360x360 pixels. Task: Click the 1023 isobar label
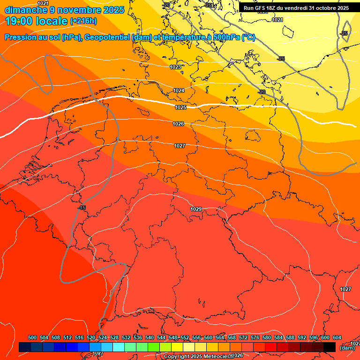(x=175, y=67)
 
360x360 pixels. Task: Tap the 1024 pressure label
(x=179, y=90)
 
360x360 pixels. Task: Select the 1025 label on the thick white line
(x=180, y=107)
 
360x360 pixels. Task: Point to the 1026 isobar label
(x=178, y=124)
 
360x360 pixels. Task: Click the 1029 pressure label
(x=196, y=209)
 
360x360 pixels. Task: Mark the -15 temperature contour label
(x=82, y=208)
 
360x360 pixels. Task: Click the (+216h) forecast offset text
(x=83, y=21)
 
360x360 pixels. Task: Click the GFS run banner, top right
(x=296, y=8)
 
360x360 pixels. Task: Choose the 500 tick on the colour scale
(x=32, y=338)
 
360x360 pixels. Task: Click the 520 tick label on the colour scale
(x=91, y=338)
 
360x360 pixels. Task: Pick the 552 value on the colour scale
(x=185, y=338)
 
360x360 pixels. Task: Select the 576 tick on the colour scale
(x=255, y=338)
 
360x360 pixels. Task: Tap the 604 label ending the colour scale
(x=337, y=338)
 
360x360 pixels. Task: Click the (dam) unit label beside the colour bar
(x=347, y=348)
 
